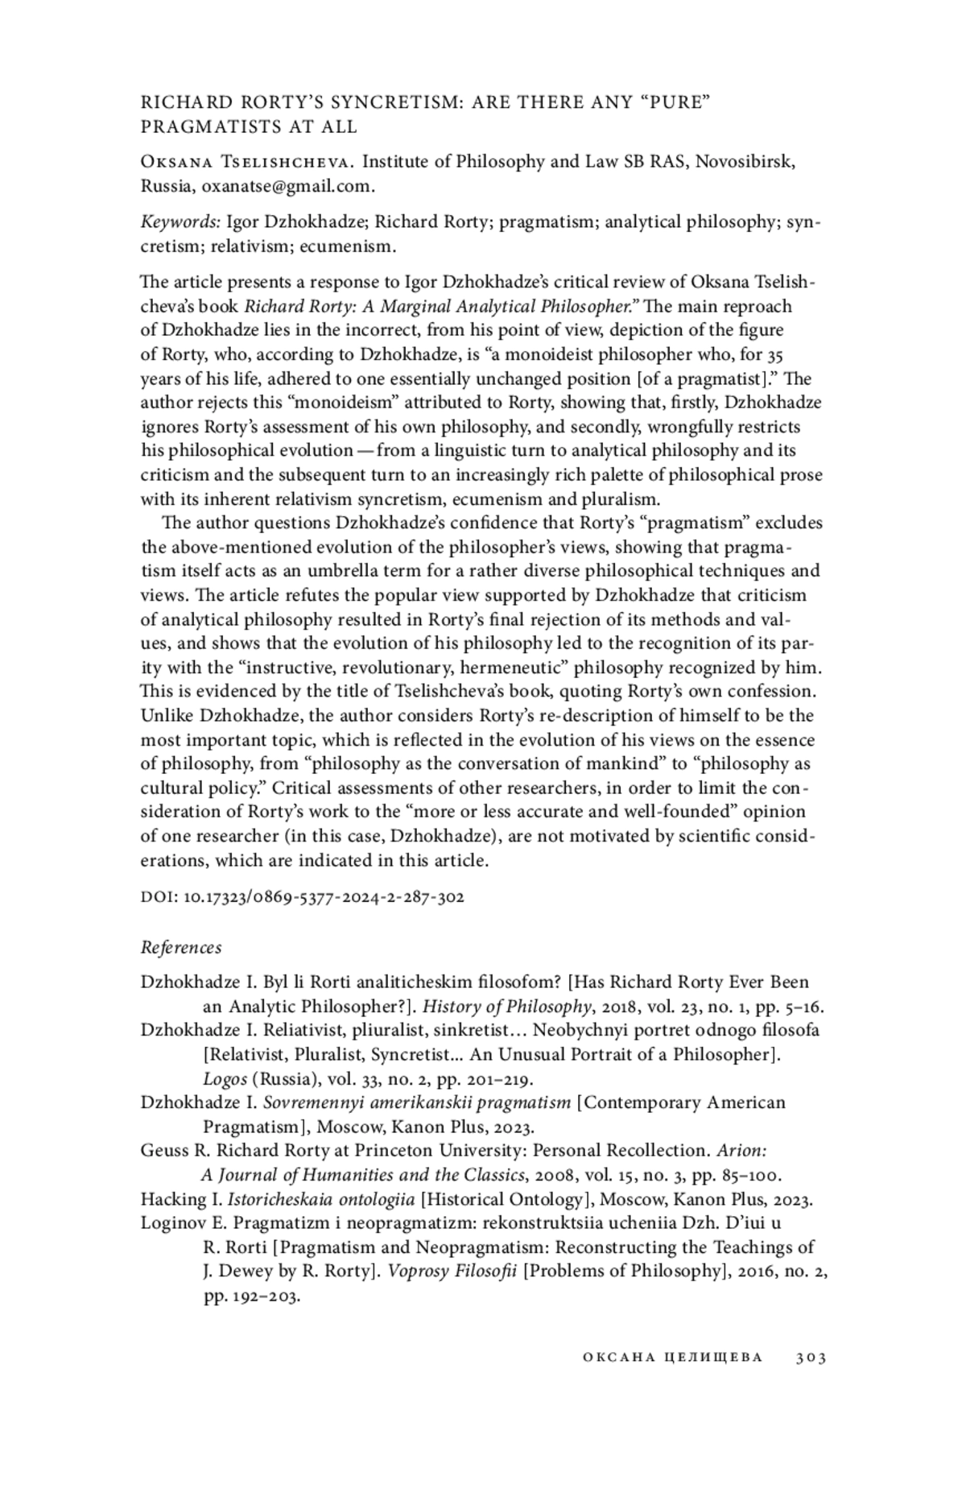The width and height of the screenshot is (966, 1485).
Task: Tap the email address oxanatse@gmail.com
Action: (287, 186)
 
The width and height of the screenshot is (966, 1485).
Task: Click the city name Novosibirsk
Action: (745, 162)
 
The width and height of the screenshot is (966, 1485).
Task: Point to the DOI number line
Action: (302, 896)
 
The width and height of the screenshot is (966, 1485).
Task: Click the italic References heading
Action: (181, 947)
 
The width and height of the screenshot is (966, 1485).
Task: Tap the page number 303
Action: (811, 1358)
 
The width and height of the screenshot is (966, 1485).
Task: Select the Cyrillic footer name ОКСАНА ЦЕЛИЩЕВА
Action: (672, 1358)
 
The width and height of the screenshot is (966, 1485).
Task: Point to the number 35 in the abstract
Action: (774, 355)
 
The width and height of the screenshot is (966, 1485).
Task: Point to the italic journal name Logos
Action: (225, 1079)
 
